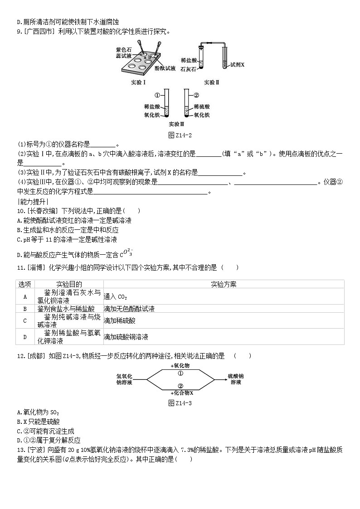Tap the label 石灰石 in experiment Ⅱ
[x=188, y=70]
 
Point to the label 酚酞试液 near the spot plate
[x=165, y=68]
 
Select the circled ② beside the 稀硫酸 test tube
[x=196, y=96]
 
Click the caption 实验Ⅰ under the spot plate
[x=136, y=82]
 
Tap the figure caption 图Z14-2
[x=180, y=136]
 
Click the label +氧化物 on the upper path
[x=180, y=365]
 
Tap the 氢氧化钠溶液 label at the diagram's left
[x=124, y=379]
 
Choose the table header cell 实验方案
[x=224, y=284]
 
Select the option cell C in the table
[x=25, y=320]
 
